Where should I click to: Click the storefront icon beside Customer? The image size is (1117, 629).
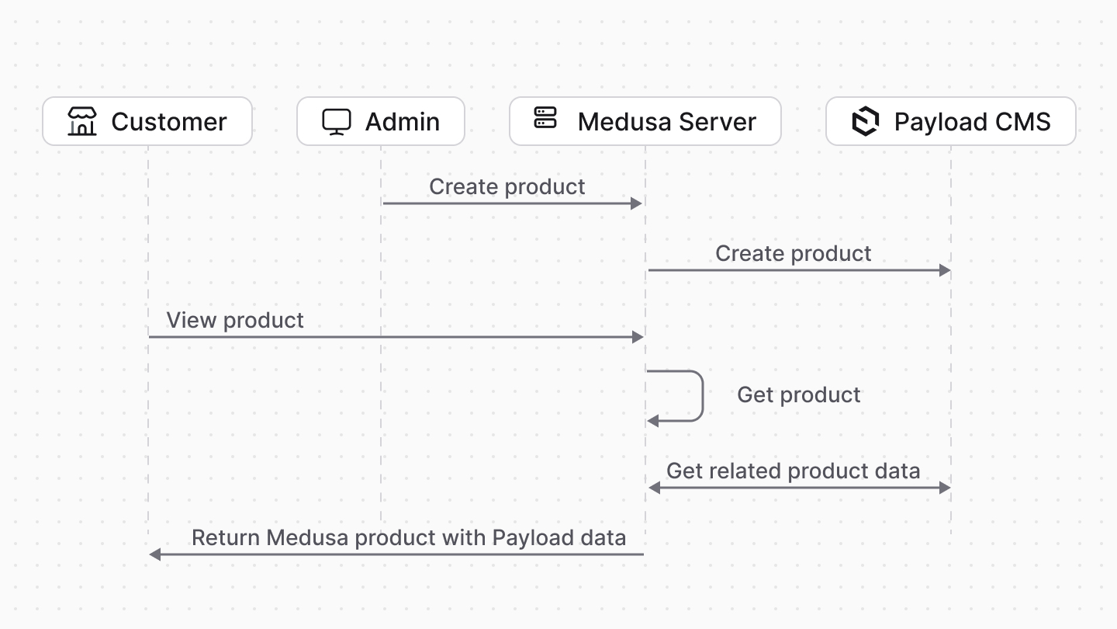[81, 122]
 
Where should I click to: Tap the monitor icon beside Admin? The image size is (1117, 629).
[337, 122]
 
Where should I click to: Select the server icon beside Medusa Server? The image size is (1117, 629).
[545, 118]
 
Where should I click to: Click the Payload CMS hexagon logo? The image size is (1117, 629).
[865, 122]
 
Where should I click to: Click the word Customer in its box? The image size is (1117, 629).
[168, 122]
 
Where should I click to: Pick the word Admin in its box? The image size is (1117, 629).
[402, 122]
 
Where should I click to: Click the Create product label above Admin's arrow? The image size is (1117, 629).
[507, 186]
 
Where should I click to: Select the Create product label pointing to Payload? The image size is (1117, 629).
[793, 253]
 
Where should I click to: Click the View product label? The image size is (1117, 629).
[235, 320]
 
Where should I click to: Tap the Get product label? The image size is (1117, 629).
[798, 394]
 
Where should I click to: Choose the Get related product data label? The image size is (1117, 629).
[793, 471]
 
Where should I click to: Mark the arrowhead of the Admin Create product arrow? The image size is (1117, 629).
[637, 203]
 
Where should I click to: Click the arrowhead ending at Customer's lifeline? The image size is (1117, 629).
[154, 554]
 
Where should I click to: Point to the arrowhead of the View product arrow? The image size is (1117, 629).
[638, 337]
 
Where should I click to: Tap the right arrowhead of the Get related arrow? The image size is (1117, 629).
[945, 488]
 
